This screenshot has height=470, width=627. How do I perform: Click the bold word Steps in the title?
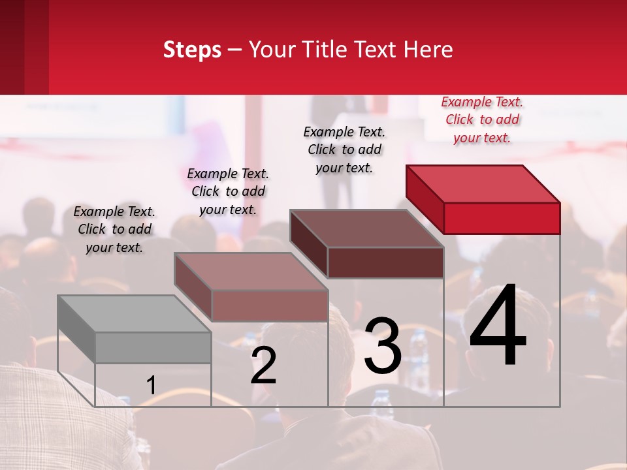point(192,50)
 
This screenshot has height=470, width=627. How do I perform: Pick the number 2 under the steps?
point(264,366)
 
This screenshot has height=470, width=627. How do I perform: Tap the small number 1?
point(152,386)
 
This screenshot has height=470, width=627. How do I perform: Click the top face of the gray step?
point(134,314)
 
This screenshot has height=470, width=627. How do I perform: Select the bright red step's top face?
point(483,184)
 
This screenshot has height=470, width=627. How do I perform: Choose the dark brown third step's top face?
point(366,228)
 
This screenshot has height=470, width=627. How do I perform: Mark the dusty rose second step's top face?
point(250,272)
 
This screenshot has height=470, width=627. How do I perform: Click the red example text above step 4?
point(482,120)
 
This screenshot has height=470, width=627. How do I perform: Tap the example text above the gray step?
point(114,229)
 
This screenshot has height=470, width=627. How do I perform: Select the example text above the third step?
point(344,149)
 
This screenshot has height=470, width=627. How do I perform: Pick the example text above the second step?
point(228,191)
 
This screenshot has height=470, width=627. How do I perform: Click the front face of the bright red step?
point(502,218)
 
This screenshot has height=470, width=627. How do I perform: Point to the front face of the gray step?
point(153,347)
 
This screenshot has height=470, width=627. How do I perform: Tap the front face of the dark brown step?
point(385,262)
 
